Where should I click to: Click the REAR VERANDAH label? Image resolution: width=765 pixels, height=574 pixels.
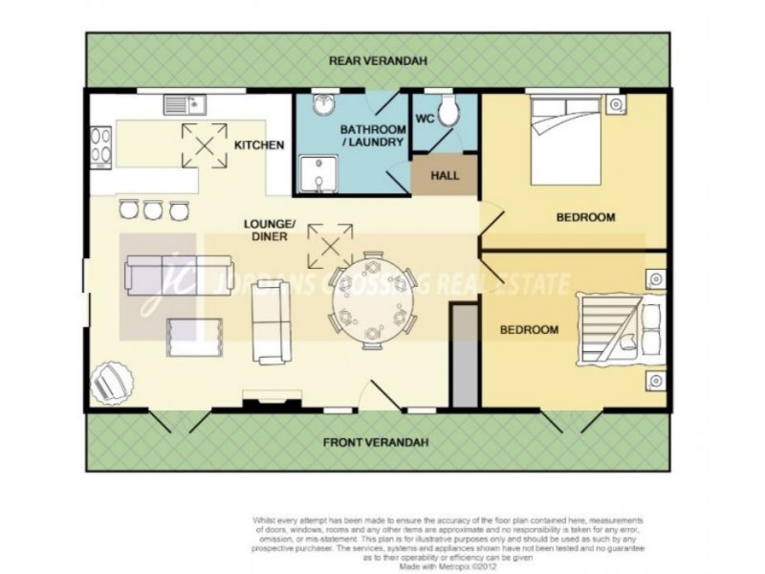tap(378, 60)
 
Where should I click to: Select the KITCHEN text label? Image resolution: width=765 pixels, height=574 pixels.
tap(259, 145)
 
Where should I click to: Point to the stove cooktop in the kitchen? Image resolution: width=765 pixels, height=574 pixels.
tap(99, 145)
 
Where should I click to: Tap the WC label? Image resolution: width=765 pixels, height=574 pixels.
tap(426, 121)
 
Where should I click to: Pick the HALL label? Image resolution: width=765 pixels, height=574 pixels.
tap(445, 176)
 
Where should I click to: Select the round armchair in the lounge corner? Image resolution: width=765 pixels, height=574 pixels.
tap(108, 384)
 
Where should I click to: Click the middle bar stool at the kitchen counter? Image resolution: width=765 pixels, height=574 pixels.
tap(154, 208)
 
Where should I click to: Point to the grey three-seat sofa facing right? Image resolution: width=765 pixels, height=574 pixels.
tap(271, 324)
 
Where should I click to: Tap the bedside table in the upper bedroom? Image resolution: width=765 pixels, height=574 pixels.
tap(619, 102)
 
